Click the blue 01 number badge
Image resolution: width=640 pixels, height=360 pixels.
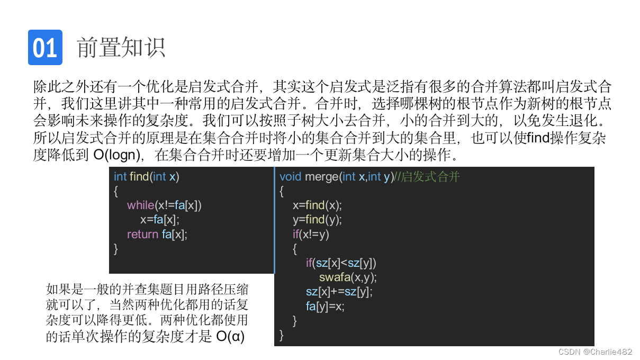click(x=45, y=48)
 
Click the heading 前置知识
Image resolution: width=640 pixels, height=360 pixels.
click(x=121, y=48)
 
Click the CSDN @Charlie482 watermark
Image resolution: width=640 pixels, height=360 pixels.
click(x=595, y=352)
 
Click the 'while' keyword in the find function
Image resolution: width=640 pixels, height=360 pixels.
click(x=140, y=205)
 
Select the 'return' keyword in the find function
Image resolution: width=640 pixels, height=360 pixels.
click(x=142, y=234)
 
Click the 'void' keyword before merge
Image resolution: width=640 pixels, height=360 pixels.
click(x=291, y=177)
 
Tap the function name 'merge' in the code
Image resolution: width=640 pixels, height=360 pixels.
click(x=321, y=177)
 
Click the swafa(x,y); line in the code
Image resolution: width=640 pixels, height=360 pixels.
click(x=348, y=277)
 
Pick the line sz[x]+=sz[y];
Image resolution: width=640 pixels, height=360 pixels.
click(x=339, y=292)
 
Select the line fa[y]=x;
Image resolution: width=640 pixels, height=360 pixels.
click(x=325, y=306)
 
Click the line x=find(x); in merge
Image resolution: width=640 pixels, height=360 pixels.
click(x=317, y=205)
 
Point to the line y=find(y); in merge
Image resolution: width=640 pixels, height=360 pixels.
click(x=317, y=220)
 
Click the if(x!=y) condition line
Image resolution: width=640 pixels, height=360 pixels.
click(x=311, y=234)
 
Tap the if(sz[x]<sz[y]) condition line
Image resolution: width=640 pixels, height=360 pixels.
click(x=341, y=263)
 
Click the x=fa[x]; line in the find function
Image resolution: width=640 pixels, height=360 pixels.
click(x=160, y=220)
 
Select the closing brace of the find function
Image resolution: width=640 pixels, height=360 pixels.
click(x=116, y=248)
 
